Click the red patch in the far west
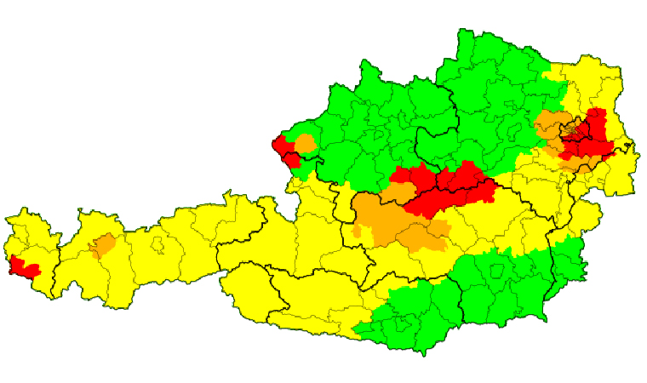[24, 268]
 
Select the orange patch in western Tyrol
[103, 246]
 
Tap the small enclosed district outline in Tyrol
[157, 246]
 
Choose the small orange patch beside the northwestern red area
[306, 143]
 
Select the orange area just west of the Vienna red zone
[552, 128]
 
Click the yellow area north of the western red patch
[30, 234]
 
